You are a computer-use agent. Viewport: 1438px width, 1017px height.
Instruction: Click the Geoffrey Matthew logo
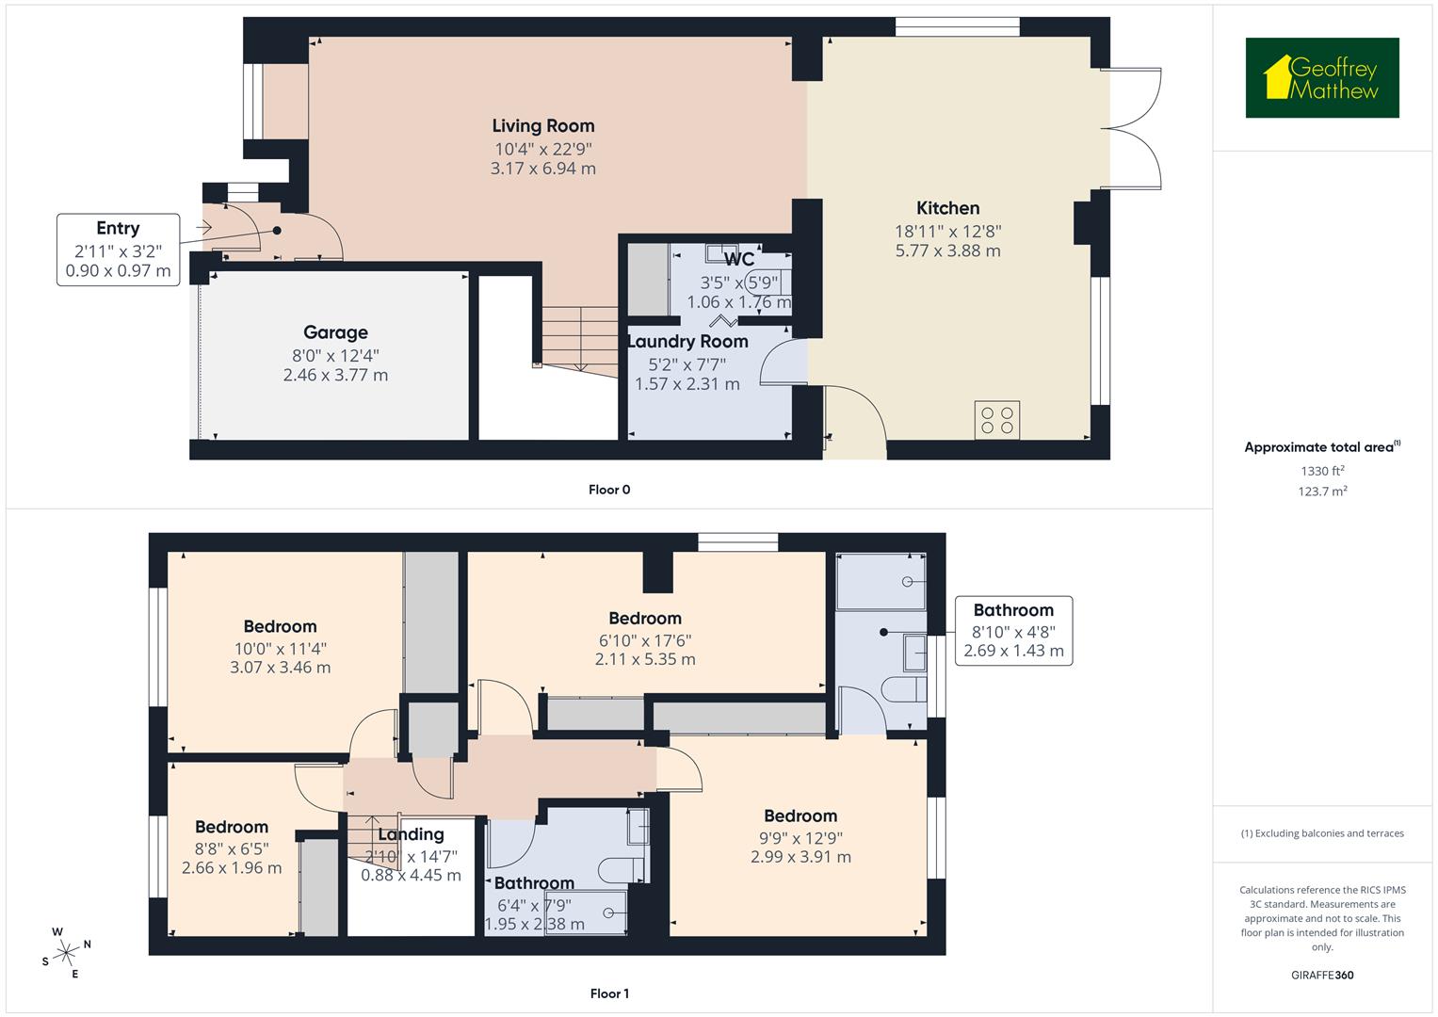(1321, 78)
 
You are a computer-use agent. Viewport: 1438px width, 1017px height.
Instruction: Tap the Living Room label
(543, 126)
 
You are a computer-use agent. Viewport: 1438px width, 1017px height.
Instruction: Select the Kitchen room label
(947, 208)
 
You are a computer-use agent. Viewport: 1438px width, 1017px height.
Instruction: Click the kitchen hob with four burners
(997, 420)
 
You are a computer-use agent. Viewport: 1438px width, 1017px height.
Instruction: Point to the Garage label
(335, 332)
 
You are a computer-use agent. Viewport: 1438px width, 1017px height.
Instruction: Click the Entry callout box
(118, 250)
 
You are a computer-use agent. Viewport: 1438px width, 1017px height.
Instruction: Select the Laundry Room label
(688, 342)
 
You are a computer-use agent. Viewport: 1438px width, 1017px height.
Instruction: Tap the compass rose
(66, 952)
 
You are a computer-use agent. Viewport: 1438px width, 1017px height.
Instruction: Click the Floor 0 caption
(609, 490)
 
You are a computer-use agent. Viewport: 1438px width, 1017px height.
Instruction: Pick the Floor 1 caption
(609, 993)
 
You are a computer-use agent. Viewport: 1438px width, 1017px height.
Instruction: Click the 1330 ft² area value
(1322, 471)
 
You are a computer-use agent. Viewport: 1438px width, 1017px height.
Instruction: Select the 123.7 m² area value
(1322, 491)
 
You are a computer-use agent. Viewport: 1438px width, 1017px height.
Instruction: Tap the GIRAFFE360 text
(1322, 975)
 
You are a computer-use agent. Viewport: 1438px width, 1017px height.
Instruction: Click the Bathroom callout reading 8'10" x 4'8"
(1013, 631)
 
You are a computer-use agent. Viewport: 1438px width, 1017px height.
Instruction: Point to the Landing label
(411, 834)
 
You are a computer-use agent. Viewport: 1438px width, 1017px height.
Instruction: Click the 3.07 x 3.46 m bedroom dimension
(280, 668)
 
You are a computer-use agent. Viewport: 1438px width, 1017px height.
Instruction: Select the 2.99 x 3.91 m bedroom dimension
(800, 857)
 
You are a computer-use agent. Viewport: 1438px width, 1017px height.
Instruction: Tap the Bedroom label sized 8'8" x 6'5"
(232, 828)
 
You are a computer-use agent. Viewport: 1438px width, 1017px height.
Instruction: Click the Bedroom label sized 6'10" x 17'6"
(645, 619)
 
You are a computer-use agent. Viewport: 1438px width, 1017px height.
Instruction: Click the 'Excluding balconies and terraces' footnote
(1322, 833)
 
